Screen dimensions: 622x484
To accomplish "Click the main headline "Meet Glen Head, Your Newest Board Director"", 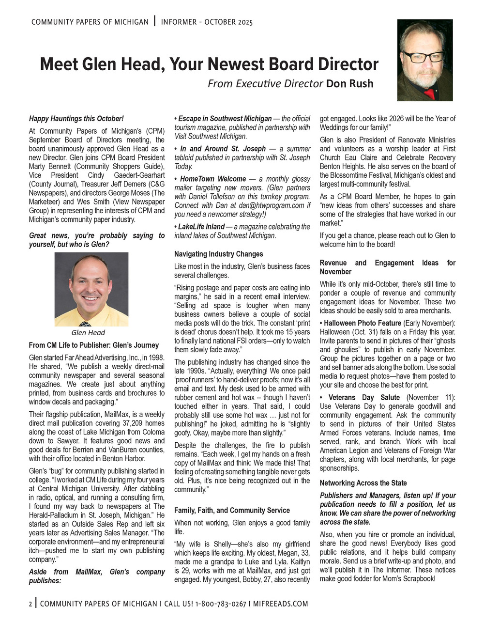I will [x=209, y=64].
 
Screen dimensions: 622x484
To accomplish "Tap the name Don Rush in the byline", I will [x=349, y=84].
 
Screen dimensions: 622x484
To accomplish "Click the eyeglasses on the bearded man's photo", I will [x=423, y=56].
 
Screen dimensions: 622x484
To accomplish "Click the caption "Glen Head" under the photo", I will [x=88, y=333].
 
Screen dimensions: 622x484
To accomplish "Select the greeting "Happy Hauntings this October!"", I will [x=76, y=118].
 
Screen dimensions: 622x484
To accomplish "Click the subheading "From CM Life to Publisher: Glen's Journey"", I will [x=94, y=345].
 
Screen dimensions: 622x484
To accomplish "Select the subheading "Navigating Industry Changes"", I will [x=219, y=254].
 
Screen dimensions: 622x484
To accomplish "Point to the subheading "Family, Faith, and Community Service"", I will [x=232, y=511].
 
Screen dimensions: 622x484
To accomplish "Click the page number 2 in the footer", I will [x=30, y=604].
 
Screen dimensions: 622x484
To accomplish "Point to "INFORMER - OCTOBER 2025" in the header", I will [x=207, y=22].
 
